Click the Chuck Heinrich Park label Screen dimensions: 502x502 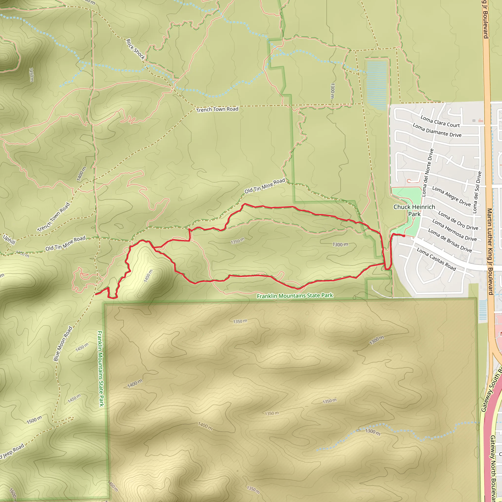coord(414,210)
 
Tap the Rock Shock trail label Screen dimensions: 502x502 coord(135,49)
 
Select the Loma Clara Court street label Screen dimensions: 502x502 coord(440,122)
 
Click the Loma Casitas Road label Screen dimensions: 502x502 coord(436,259)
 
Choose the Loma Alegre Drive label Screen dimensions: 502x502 coord(451,196)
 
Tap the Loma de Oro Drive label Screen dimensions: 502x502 coord(458,221)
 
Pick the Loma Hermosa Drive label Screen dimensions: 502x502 coord(454,230)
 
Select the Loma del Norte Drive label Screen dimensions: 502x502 coord(427,173)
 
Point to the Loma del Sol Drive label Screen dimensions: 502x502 coord(477,192)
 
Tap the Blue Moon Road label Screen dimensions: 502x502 coord(63,343)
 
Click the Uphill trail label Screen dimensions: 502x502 coord(9,239)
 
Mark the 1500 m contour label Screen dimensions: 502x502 coord(34,420)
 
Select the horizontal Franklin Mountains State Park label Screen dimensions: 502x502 coord(295,296)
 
